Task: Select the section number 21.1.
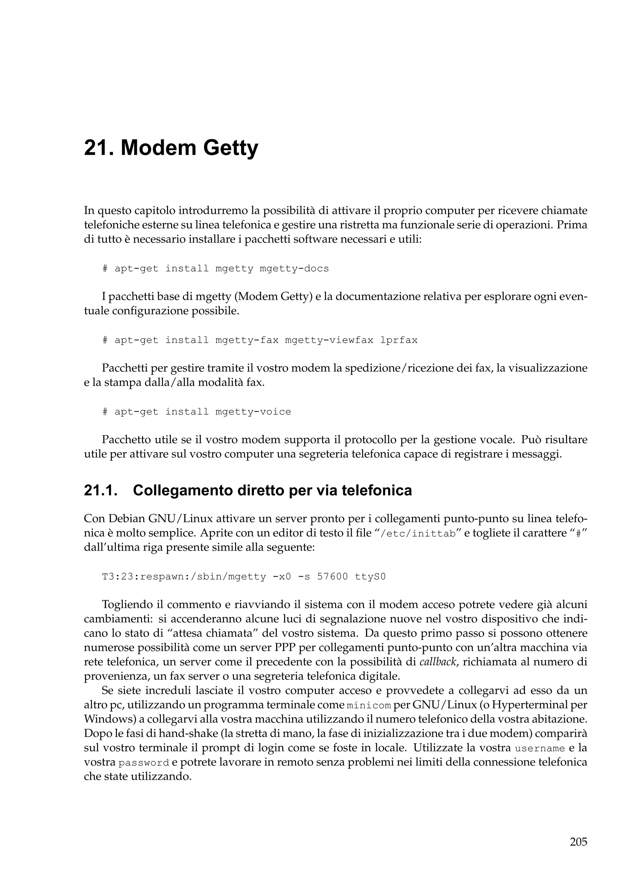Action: [100, 490]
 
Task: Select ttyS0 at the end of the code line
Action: [370, 577]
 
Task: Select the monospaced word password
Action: [144, 763]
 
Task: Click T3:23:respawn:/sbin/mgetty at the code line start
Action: [184, 577]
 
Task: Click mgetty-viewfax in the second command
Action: [329, 340]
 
